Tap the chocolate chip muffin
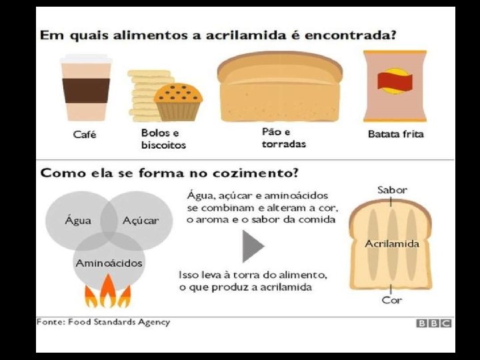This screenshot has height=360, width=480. click(x=178, y=101)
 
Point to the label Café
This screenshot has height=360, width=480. click(x=85, y=135)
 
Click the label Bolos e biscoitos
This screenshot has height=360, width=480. click(x=163, y=139)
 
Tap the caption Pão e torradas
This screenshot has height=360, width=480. click(x=283, y=138)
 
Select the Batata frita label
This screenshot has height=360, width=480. click(x=395, y=134)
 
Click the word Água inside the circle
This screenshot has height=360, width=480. click(x=78, y=221)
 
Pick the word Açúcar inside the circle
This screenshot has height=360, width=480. click(x=141, y=221)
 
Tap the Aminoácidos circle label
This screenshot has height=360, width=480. click(x=109, y=263)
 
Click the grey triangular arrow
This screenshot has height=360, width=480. click(x=253, y=246)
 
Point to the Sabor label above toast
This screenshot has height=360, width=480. click(x=392, y=190)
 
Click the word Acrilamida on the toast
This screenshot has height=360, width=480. click(x=392, y=243)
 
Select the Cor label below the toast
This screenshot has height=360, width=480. click(x=391, y=301)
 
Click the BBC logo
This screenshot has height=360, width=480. click(x=434, y=323)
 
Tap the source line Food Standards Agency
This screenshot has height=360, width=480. click(x=103, y=322)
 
